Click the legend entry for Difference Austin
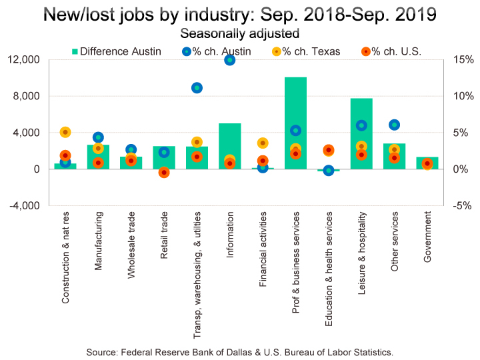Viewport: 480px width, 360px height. [x=116, y=51]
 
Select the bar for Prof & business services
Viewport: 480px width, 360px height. [x=295, y=123]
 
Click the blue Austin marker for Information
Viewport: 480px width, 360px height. [x=230, y=61]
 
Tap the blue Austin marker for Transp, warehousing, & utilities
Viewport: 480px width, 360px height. [x=197, y=88]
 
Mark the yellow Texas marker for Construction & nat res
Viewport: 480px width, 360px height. [x=65, y=132]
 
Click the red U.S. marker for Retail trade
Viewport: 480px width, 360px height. [x=164, y=173]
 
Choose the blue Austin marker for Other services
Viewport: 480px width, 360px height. [x=394, y=125]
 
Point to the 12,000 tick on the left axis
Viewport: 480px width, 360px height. [x=25, y=60]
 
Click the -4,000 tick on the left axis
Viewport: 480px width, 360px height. [x=25, y=205]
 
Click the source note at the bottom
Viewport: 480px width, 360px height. [x=240, y=351]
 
